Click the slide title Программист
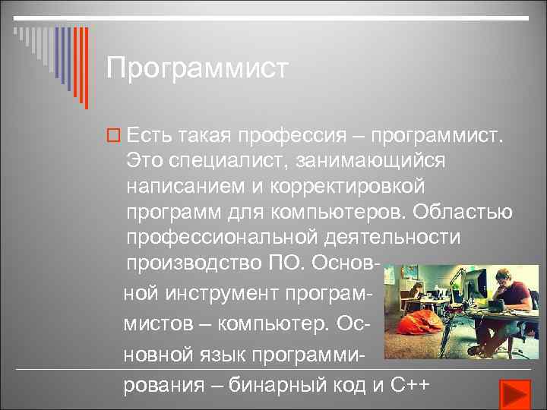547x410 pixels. pos(198,68)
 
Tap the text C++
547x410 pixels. pos(410,384)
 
